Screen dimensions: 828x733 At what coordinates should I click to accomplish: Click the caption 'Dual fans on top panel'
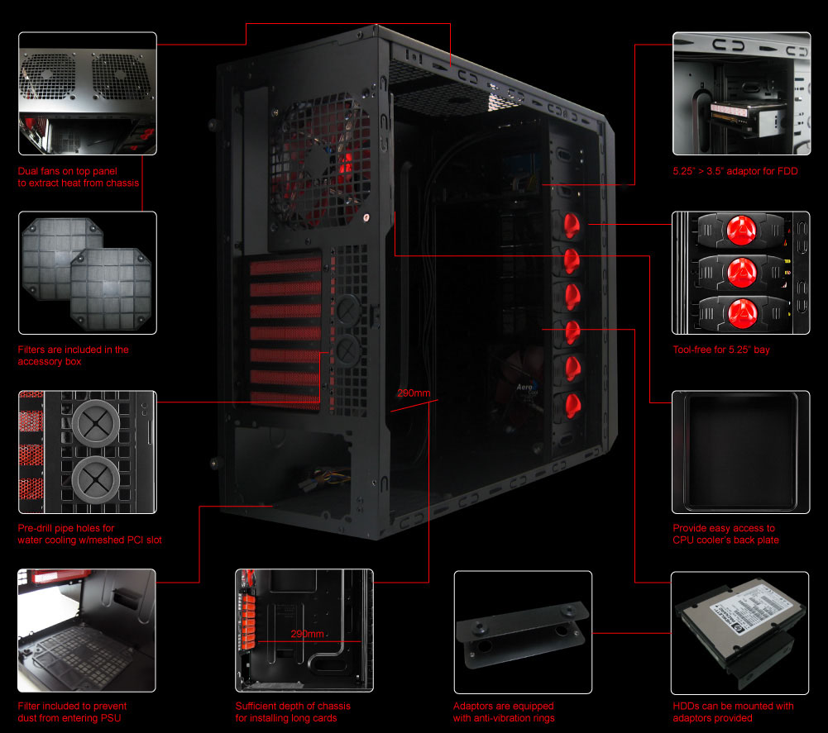click(68, 171)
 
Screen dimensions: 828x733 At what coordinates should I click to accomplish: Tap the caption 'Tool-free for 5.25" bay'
click(720, 350)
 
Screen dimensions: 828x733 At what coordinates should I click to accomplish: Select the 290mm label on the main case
click(414, 393)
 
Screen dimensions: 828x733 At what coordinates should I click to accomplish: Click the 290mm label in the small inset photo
click(307, 634)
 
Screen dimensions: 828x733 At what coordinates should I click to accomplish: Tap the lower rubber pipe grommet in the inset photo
click(96, 480)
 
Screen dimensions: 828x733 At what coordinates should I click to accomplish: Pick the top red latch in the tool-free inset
click(741, 231)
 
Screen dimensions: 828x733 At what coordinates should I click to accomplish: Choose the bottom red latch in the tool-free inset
click(742, 312)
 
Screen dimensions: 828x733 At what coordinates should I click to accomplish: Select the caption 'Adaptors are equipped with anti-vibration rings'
click(504, 712)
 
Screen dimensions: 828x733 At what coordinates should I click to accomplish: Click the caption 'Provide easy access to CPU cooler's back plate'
click(725, 534)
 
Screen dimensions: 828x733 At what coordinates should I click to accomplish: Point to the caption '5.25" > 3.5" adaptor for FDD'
click(735, 171)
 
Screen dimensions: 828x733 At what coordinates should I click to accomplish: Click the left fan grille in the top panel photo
click(47, 76)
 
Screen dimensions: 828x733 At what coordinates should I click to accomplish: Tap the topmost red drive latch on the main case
click(572, 225)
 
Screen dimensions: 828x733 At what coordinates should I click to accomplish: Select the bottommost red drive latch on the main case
click(572, 405)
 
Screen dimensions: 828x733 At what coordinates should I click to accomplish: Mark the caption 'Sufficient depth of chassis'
click(293, 706)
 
